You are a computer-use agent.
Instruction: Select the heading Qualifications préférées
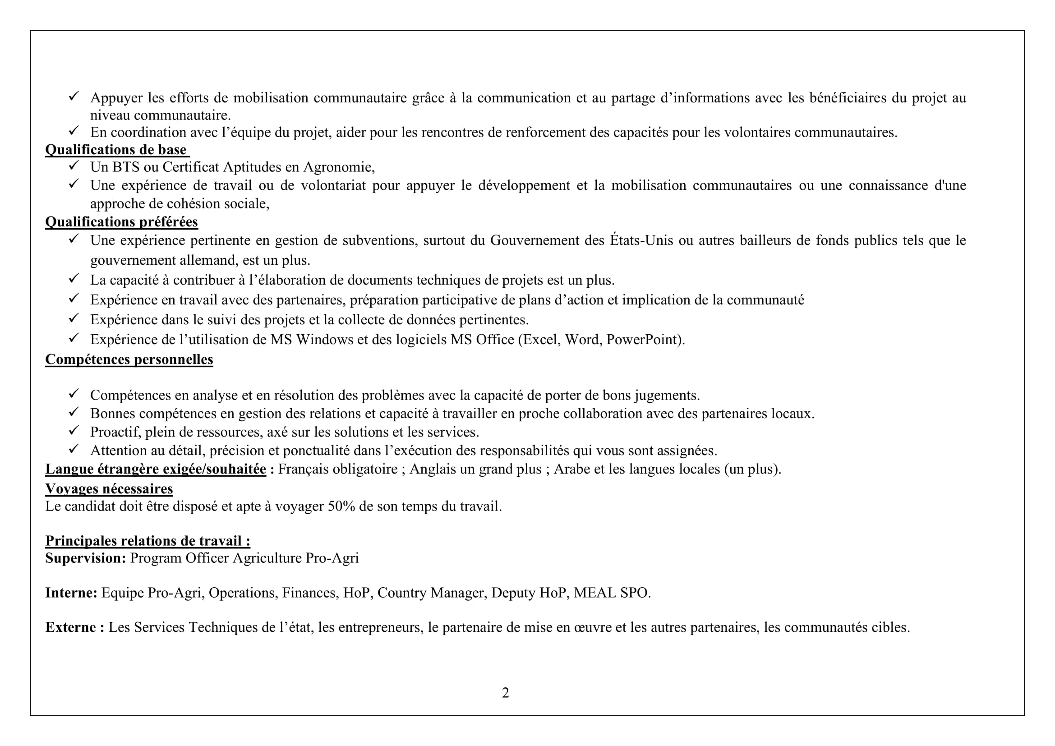[121, 222]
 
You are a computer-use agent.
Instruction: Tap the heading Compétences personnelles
[129, 359]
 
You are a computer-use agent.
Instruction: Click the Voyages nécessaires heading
[109, 489]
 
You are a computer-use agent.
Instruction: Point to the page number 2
[506, 693]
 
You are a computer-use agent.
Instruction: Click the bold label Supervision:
[85, 558]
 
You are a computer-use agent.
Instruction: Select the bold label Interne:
[71, 593]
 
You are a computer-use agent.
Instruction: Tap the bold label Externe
[71, 627]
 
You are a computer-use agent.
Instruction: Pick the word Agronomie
[339, 167]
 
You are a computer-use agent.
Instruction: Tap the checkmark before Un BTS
[74, 166]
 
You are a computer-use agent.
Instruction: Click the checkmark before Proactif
[74, 430]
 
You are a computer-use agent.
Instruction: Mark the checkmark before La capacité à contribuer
[74, 278]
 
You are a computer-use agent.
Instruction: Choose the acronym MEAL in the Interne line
[594, 593]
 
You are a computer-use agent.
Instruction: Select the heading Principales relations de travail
[147, 541]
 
